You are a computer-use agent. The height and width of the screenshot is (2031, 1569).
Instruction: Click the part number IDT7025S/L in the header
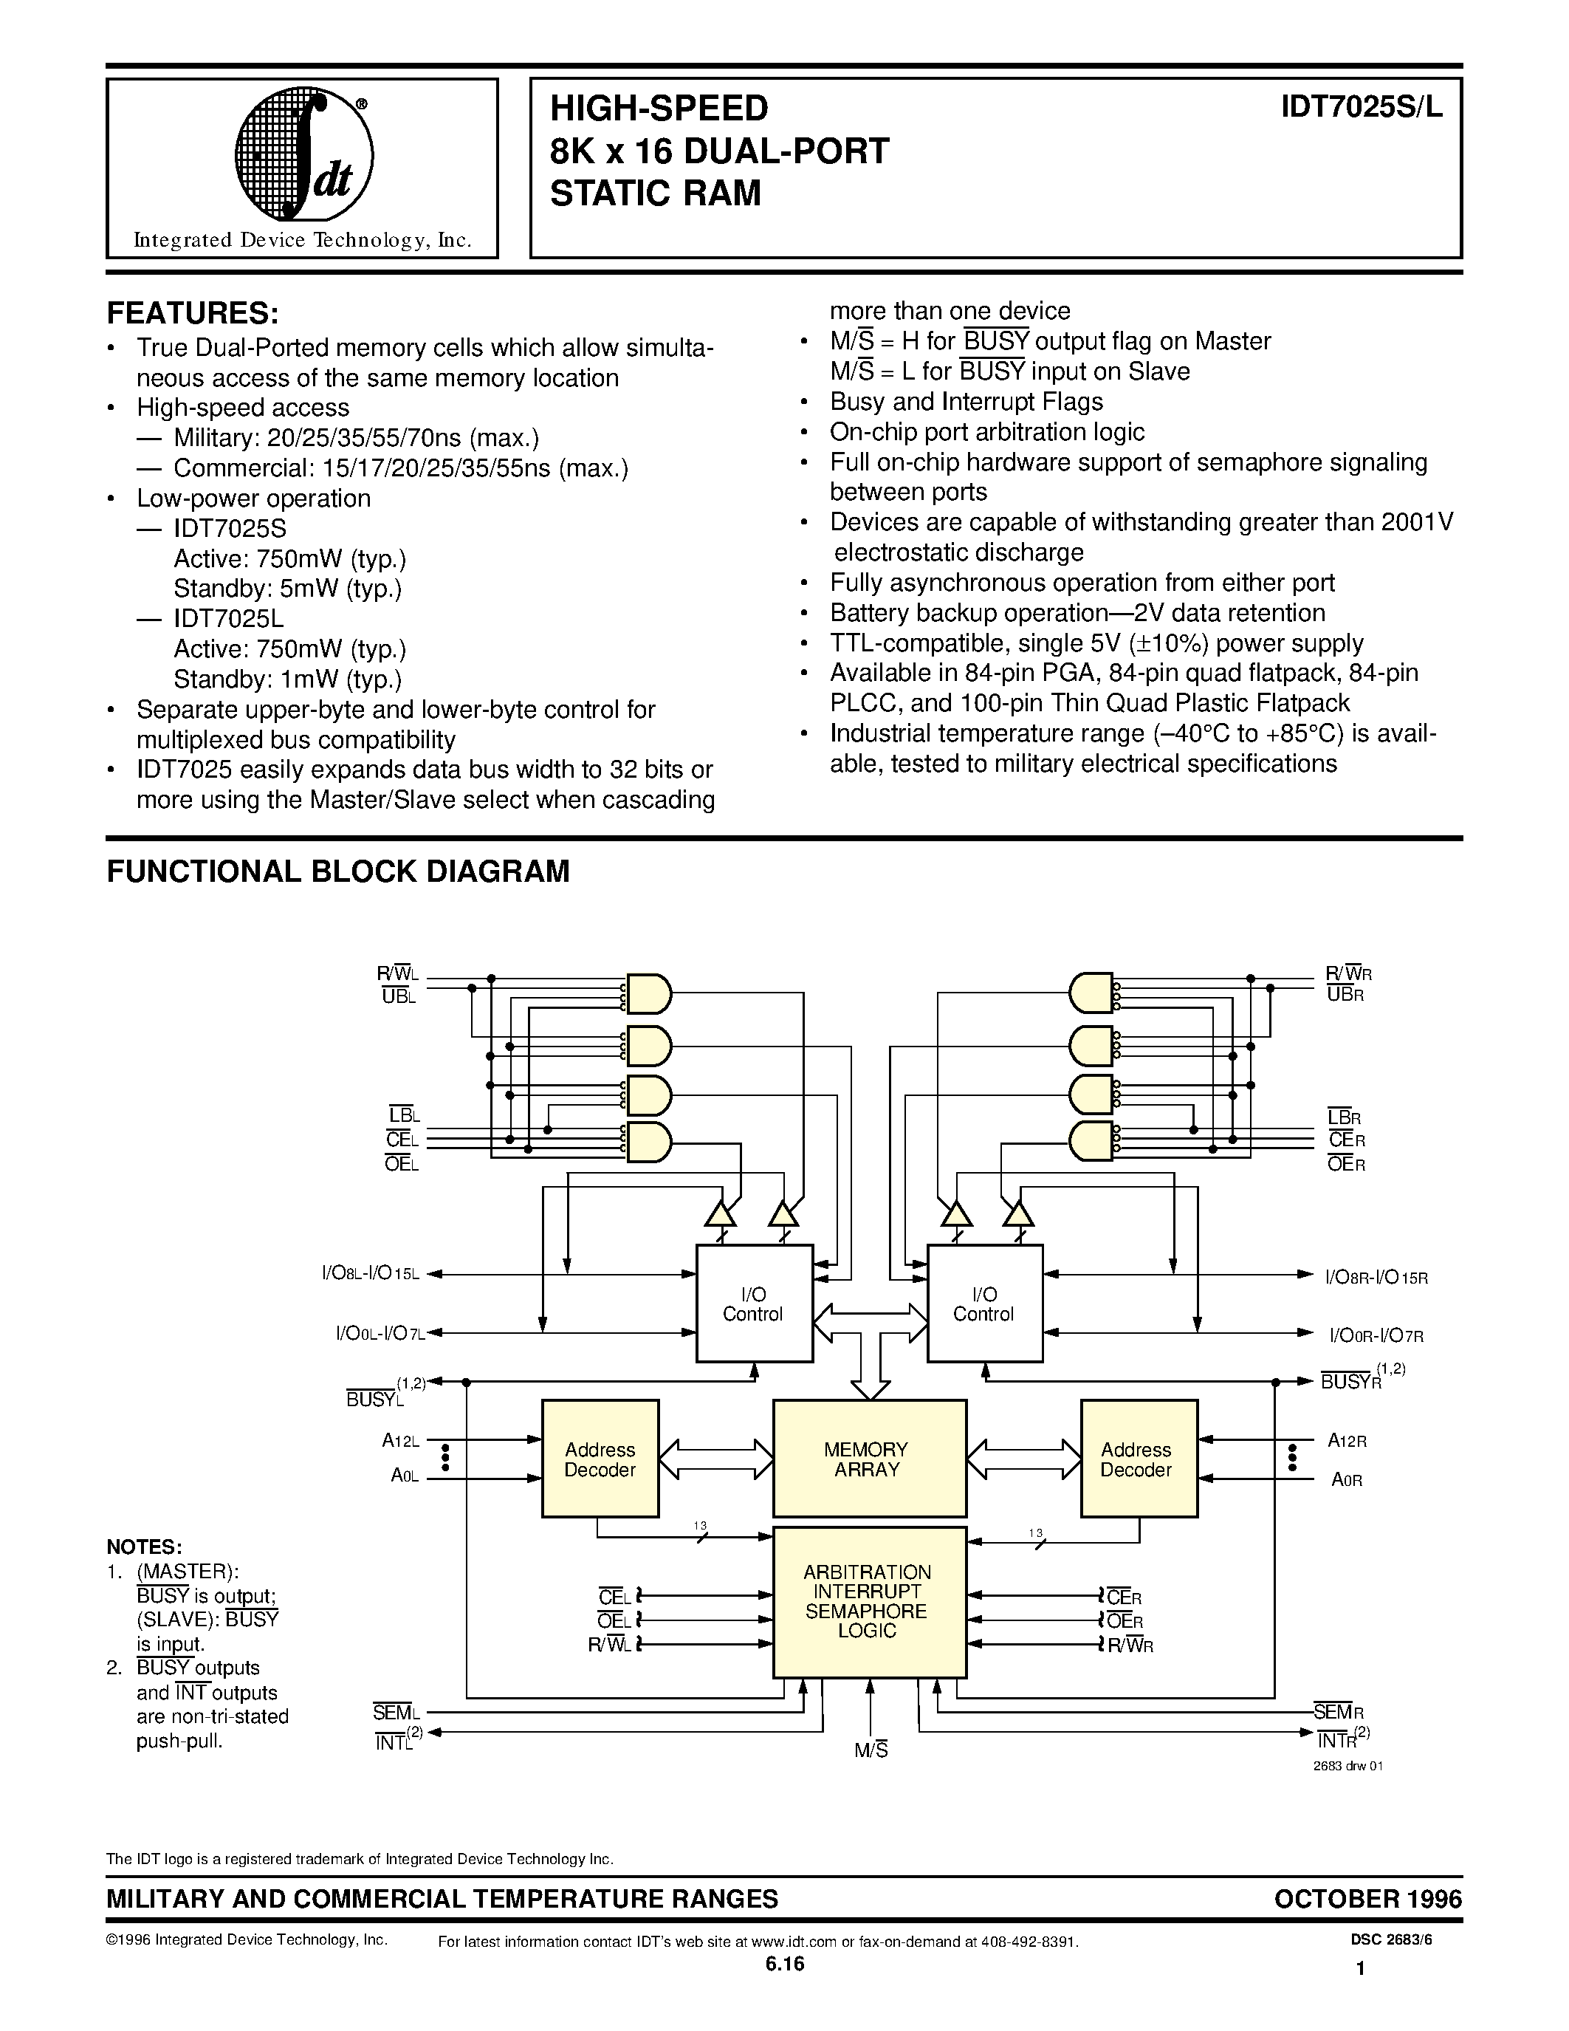coord(1361,108)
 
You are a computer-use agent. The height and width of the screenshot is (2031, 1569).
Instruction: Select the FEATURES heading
coord(193,312)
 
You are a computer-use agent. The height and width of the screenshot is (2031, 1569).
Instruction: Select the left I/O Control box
coord(755,1303)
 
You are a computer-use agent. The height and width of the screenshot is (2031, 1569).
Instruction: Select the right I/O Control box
coord(985,1303)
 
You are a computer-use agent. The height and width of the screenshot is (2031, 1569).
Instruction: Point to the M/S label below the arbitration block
coord(871,1750)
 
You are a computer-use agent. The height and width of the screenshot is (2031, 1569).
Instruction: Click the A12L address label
coord(401,1440)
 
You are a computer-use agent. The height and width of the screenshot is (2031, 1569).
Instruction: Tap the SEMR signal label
coord(1339,1712)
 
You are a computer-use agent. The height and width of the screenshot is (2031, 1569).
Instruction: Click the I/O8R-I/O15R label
coord(1376,1277)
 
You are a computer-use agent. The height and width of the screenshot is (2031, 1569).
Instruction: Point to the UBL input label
coord(399,996)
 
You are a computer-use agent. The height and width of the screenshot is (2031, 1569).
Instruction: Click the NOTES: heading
coord(144,1547)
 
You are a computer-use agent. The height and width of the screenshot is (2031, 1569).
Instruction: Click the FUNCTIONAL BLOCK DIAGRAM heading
coord(338,871)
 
